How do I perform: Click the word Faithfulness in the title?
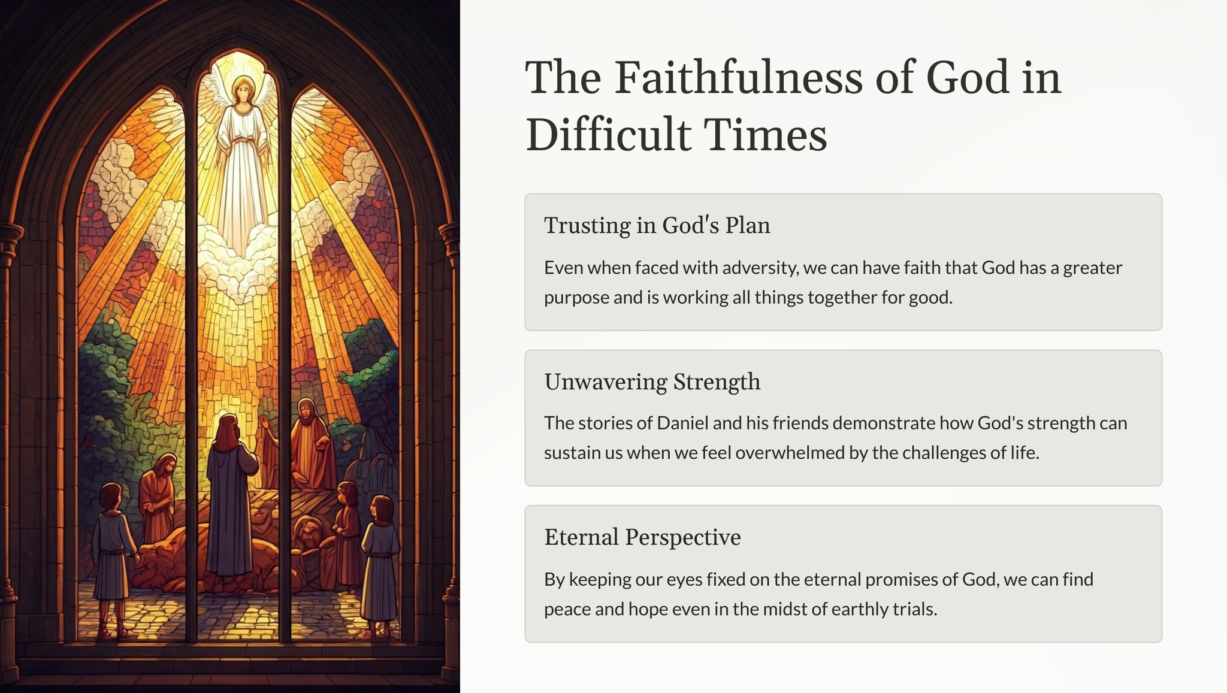[739, 77]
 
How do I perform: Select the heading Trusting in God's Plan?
[657, 225]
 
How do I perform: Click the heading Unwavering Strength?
[652, 382]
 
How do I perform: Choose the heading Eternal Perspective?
[642, 537]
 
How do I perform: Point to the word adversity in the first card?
[760, 268]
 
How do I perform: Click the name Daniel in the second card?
[683, 423]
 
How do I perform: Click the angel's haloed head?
[243, 90]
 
